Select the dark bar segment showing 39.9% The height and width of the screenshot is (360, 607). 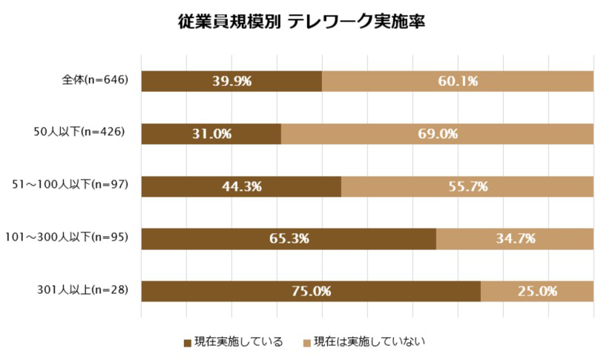(x=231, y=81)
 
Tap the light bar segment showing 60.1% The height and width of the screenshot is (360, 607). (x=457, y=81)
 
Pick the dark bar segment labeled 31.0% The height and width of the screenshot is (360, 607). (x=211, y=134)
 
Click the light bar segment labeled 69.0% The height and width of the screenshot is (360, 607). (x=437, y=134)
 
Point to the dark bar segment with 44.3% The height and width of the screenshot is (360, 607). (x=240, y=186)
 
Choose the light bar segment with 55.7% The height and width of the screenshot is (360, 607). (x=467, y=186)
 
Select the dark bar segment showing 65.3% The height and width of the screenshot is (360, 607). (x=288, y=238)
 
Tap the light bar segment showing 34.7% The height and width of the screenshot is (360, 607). (x=514, y=238)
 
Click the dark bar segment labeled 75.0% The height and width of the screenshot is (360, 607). (x=310, y=291)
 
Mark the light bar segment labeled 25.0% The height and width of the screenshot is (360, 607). (x=537, y=291)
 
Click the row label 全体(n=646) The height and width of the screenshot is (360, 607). (x=96, y=80)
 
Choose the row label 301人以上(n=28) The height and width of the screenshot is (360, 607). (x=83, y=290)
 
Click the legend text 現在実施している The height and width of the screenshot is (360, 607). (x=238, y=342)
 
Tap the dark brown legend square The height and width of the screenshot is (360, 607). (x=187, y=343)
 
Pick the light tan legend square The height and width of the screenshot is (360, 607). (x=306, y=343)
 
